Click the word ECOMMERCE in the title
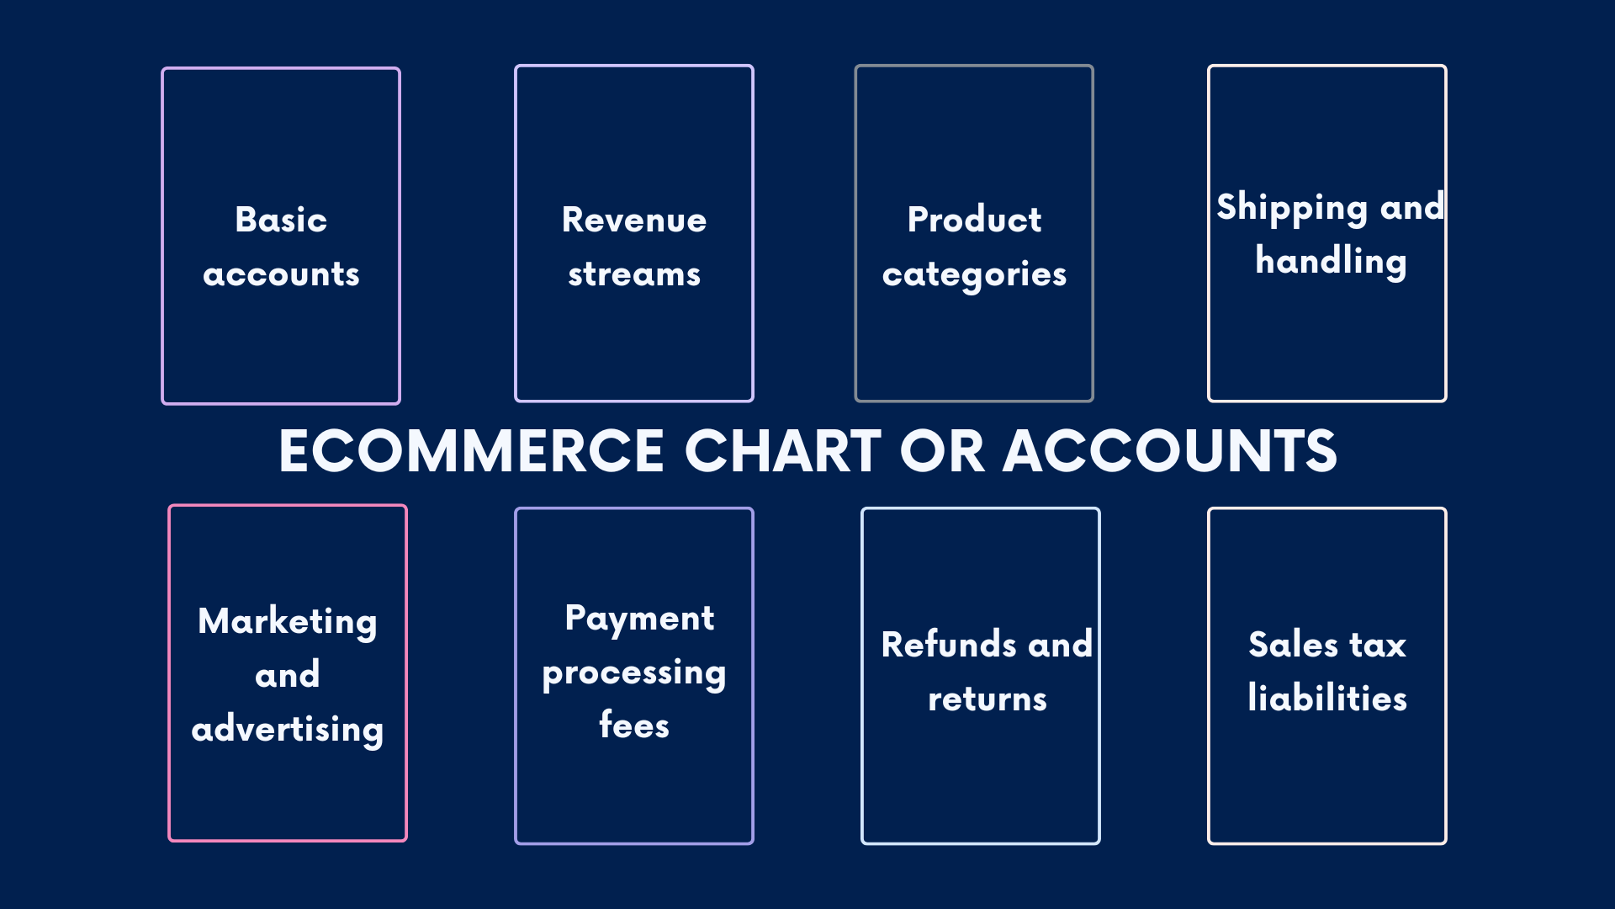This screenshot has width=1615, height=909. pos(472,451)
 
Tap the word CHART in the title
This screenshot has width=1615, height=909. pos(782,451)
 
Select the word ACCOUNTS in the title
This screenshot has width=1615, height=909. pos(1169,451)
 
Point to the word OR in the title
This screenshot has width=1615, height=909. pos(941,451)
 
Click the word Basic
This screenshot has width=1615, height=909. pos(281,220)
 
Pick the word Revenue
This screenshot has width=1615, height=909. pos(634,220)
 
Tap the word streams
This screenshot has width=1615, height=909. pos(634,274)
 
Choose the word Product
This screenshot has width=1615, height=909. pos(974,220)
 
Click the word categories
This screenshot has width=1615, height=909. pos(974,275)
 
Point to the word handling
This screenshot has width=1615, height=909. pos(1331,261)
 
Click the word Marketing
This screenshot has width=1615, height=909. pos(288,622)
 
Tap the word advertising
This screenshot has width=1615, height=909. pos(288,729)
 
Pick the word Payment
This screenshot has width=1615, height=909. pos(639,619)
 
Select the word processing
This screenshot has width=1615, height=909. pos(634,673)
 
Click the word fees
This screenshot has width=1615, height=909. pos(634,726)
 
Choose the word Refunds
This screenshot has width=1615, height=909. pos(949,645)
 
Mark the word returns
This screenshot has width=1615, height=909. pos(988,699)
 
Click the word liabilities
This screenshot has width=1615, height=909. pos(1327,699)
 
